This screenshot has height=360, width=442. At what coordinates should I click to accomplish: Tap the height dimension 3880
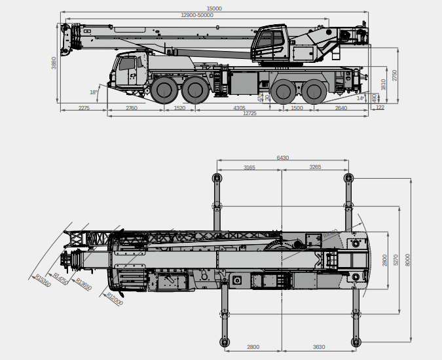pyautogui.click(x=54, y=63)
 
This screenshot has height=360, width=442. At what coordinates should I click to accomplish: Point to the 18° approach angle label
pyautogui.click(x=94, y=92)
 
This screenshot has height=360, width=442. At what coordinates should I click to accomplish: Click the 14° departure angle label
pyautogui.click(x=360, y=98)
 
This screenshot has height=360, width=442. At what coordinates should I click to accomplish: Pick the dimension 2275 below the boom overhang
pyautogui.click(x=84, y=108)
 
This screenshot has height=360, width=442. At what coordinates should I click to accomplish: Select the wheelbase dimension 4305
pyautogui.click(x=239, y=108)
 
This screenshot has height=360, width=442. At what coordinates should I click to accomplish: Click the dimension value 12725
pyautogui.click(x=249, y=115)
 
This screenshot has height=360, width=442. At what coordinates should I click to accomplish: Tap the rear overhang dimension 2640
pyautogui.click(x=341, y=108)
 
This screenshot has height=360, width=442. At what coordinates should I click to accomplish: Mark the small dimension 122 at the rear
pyautogui.click(x=380, y=108)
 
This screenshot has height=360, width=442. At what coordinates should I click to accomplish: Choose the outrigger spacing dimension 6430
pyautogui.click(x=282, y=158)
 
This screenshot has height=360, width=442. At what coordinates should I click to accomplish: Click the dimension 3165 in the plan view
pyautogui.click(x=249, y=168)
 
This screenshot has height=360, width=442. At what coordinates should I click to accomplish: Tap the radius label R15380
pyautogui.click(x=43, y=279)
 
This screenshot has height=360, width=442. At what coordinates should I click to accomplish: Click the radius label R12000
pyautogui.click(x=114, y=299)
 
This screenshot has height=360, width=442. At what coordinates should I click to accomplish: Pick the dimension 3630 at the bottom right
pyautogui.click(x=319, y=347)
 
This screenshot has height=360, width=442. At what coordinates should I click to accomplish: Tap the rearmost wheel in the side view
pyautogui.click(x=315, y=91)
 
